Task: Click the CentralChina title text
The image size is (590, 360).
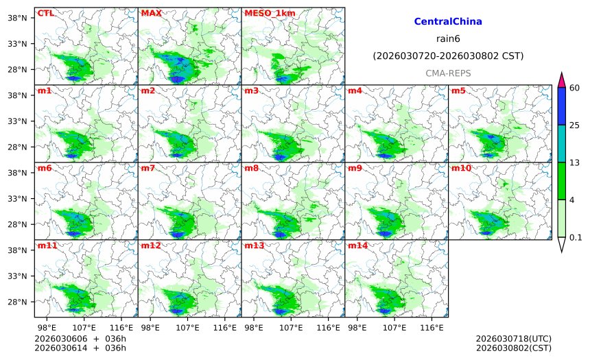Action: pos(448,22)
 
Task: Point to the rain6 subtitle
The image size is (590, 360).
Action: pos(448,38)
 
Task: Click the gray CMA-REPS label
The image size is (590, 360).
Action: pos(448,73)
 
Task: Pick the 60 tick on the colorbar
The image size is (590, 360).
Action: pos(575,88)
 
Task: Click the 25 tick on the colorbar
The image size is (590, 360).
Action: pos(575,125)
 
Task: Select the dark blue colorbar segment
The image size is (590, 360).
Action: pos(561,106)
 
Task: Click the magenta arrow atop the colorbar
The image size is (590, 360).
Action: pos(561,80)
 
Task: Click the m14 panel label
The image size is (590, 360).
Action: pos(357,245)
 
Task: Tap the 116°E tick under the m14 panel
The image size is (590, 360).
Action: pos(432,327)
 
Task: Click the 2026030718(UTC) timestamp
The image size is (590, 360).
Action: pos(513,339)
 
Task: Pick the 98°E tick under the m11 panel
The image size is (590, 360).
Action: pos(47,327)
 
